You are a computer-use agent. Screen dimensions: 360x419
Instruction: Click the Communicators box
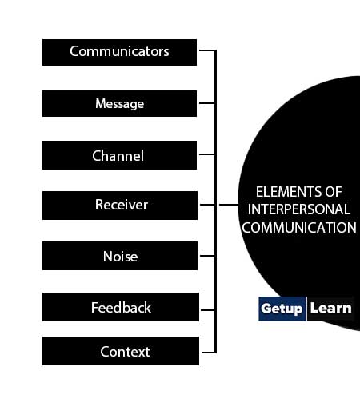(x=119, y=53)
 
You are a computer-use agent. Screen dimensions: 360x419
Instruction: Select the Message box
(x=119, y=103)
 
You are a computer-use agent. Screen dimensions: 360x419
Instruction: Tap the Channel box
(x=119, y=155)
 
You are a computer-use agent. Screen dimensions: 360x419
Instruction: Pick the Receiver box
(x=120, y=206)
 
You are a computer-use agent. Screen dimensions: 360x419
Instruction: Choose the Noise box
(x=120, y=256)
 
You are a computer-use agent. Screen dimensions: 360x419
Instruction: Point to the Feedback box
(x=121, y=307)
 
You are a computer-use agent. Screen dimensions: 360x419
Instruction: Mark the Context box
(x=121, y=351)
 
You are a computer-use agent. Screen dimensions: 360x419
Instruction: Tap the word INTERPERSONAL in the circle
(x=298, y=209)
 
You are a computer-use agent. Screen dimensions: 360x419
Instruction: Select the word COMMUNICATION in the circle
(x=299, y=228)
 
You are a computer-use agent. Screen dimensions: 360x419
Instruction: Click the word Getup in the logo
(x=282, y=309)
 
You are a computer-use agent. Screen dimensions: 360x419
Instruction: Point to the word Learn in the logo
(x=331, y=309)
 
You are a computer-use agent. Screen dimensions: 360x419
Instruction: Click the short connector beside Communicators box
(x=207, y=50)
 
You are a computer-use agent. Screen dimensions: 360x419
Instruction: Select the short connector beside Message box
(x=207, y=103)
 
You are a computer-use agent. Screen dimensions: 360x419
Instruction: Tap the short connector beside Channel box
(x=207, y=154)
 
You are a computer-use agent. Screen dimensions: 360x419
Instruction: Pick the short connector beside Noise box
(x=207, y=256)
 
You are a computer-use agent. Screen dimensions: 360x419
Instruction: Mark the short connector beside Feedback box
(x=208, y=310)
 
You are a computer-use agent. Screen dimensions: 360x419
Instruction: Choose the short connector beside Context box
(x=209, y=353)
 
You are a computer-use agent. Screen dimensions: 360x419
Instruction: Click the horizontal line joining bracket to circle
(x=229, y=205)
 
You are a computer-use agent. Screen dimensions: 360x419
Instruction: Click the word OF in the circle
(x=334, y=192)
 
